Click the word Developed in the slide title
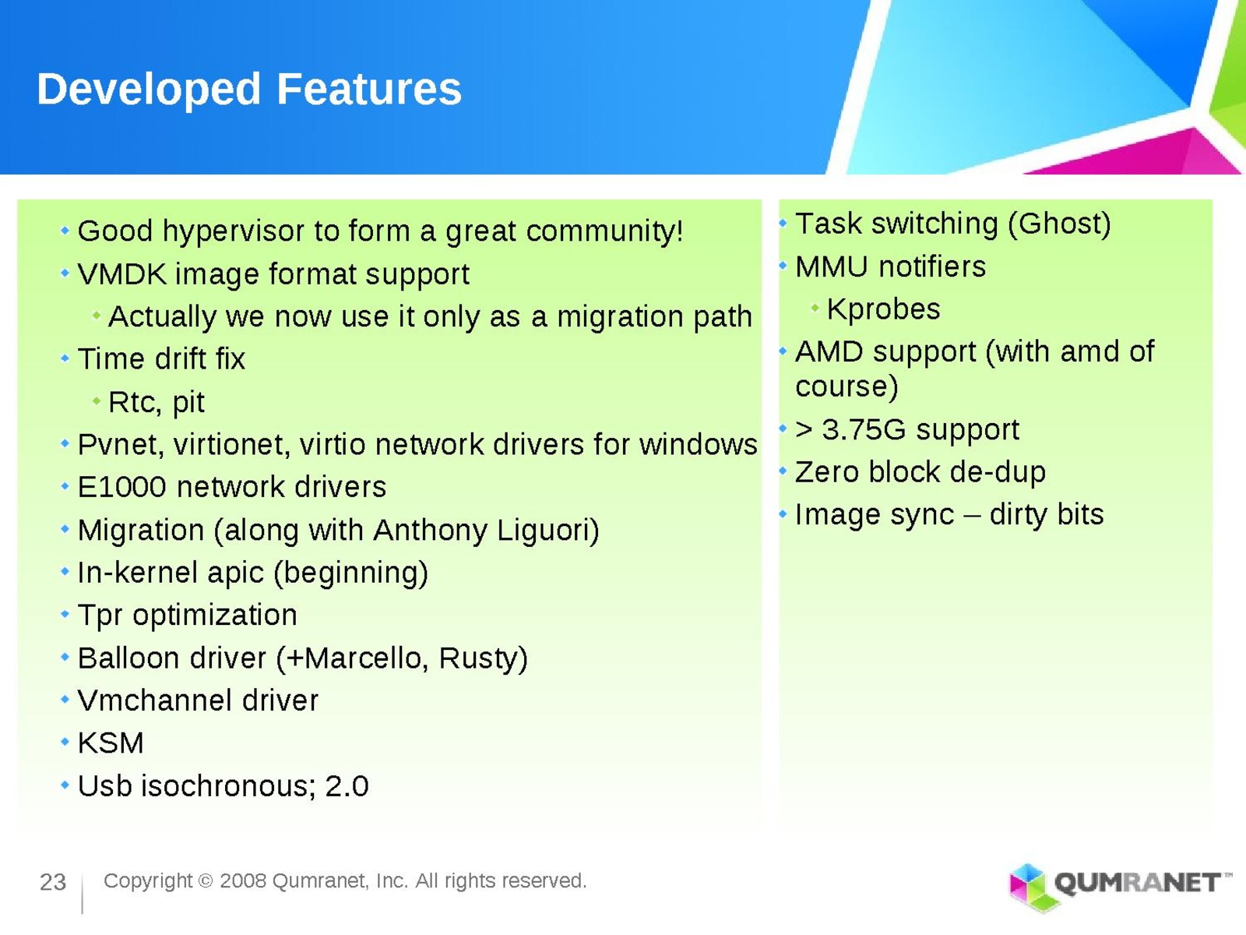click(x=149, y=90)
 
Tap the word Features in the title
click(x=369, y=89)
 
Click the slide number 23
click(x=53, y=882)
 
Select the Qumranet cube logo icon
click(x=1030, y=887)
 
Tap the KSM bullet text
click(x=111, y=743)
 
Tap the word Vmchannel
click(x=155, y=700)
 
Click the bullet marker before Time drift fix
click(x=65, y=358)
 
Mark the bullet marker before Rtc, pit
click(x=97, y=401)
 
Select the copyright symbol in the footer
click(x=206, y=882)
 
